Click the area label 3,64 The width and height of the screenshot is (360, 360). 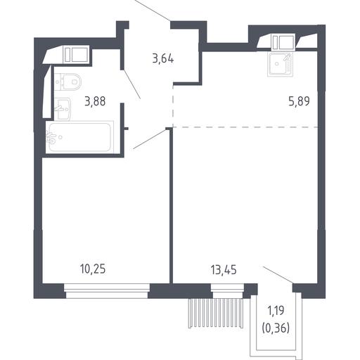coord(163,58)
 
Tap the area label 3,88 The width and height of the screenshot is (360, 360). coord(95,101)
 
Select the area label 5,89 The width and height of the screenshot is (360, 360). coord(299,101)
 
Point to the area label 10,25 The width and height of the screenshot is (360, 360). coord(93,269)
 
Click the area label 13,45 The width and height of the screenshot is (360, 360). coord(224,270)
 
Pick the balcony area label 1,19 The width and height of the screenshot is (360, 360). coord(276,311)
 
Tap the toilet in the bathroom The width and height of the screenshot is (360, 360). coord(68,82)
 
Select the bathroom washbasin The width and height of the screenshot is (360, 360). coord(63,109)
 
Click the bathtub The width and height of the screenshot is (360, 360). coord(79,137)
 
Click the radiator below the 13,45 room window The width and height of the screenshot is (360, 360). coord(216,313)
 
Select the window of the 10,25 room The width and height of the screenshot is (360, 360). coord(107,290)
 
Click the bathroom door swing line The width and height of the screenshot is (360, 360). coord(131,84)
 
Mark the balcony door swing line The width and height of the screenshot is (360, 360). coord(278,274)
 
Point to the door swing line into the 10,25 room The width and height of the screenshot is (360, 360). coord(150,139)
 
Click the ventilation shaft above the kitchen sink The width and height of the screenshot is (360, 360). coord(283,42)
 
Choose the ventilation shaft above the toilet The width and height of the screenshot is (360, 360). coord(76,55)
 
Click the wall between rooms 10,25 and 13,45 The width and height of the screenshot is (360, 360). coord(171,206)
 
